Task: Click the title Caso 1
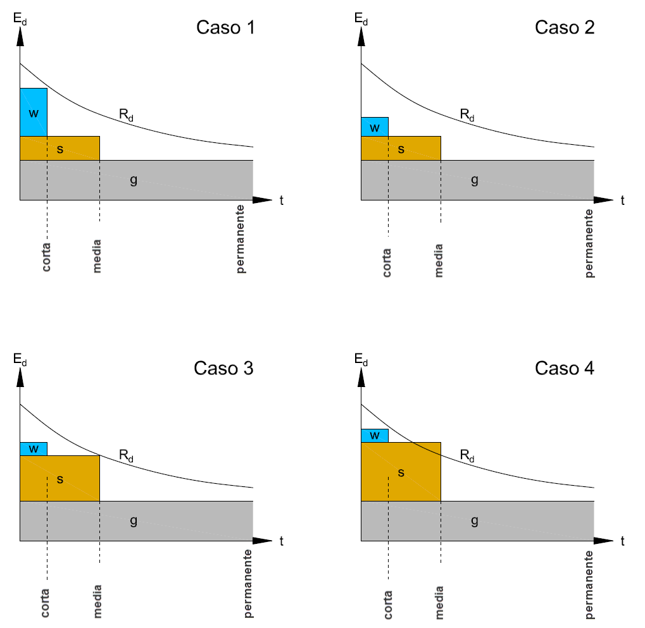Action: click(225, 28)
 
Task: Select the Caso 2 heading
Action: click(565, 28)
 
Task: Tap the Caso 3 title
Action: click(223, 368)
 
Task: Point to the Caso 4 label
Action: click(565, 368)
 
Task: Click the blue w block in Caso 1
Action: click(34, 113)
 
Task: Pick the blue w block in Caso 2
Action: click(375, 127)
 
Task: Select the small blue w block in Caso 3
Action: click(34, 448)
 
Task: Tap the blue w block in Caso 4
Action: click(375, 435)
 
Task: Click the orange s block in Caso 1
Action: click(60, 149)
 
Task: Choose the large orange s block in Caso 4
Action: click(401, 472)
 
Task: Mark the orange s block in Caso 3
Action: click(60, 479)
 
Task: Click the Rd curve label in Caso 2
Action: click(467, 115)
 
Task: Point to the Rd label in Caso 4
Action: click(467, 455)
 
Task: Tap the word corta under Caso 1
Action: click(46, 257)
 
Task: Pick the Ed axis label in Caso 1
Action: click(21, 21)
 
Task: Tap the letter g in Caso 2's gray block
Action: click(475, 180)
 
